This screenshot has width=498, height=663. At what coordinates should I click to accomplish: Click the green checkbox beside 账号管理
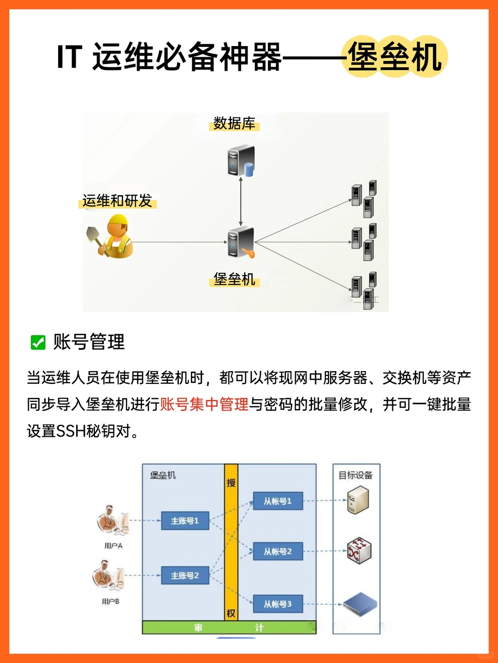click(x=38, y=342)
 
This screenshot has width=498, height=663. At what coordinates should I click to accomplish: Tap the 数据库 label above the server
click(x=234, y=123)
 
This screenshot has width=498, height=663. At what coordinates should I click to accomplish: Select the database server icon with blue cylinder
click(x=241, y=161)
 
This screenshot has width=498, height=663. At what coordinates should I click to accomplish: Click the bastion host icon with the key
click(x=241, y=243)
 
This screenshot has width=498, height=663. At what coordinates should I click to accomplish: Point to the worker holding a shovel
click(x=111, y=237)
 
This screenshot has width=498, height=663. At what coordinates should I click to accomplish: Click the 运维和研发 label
click(x=117, y=201)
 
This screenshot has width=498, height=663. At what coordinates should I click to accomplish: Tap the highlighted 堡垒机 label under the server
click(x=234, y=279)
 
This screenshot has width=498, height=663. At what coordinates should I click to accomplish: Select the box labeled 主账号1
click(x=185, y=521)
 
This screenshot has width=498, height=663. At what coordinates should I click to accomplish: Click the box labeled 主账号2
click(x=185, y=576)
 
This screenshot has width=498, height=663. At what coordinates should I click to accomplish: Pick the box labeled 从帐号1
click(x=278, y=501)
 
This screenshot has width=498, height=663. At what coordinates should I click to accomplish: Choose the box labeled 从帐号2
click(x=278, y=551)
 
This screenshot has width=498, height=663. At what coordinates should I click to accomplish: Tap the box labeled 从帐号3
click(x=278, y=604)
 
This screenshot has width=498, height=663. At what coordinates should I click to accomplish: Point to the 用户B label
click(x=111, y=601)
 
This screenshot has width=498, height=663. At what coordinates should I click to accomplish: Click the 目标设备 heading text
click(x=356, y=475)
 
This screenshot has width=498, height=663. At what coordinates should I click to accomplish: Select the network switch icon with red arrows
click(x=359, y=551)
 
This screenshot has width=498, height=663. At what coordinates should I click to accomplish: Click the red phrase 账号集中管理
click(x=204, y=404)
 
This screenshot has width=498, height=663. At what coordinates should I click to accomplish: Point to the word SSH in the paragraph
click(x=71, y=431)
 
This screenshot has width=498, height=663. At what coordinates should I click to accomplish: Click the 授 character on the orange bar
click(x=231, y=483)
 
